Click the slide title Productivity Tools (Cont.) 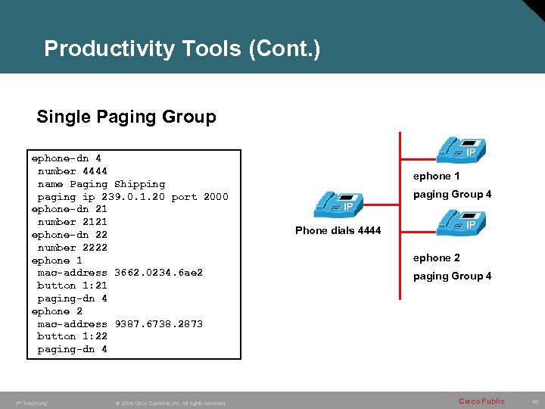point(182,49)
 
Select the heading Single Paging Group point(126,117)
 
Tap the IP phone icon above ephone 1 point(460,149)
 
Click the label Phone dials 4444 point(338,230)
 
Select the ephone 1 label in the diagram point(436,176)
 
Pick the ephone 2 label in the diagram point(436,258)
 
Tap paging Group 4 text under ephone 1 point(452,195)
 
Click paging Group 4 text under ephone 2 point(452,276)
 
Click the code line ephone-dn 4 point(66,158)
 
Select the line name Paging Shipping point(101,184)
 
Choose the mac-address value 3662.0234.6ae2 point(158,273)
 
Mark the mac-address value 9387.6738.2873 point(158,324)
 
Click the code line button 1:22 point(72,336)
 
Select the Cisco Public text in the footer point(482,401)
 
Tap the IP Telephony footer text point(31,403)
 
